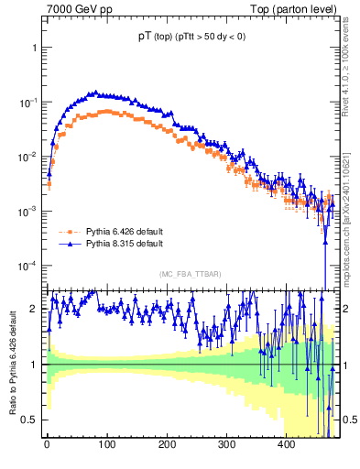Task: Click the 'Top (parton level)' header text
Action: tap(295, 9)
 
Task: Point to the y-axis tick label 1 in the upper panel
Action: tap(35, 47)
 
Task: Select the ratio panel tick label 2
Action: tap(35, 309)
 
